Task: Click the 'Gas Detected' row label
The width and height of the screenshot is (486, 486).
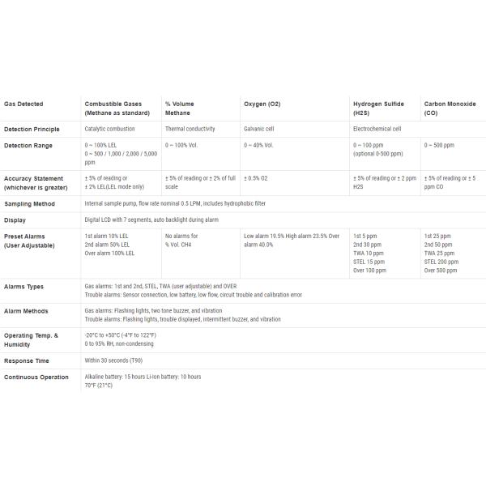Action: pos(23,104)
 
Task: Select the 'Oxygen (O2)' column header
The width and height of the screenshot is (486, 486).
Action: pos(262,104)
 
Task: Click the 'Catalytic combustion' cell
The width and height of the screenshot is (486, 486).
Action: pos(110,129)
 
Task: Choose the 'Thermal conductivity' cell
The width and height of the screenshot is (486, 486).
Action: pos(190,129)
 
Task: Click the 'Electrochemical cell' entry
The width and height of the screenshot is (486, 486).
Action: pos(377,129)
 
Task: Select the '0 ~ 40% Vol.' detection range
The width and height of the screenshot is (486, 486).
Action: pos(258,145)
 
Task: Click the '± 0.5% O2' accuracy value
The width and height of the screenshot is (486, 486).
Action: pos(256,177)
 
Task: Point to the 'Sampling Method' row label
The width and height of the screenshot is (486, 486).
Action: pos(29,203)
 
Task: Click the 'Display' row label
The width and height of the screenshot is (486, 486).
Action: pos(15,220)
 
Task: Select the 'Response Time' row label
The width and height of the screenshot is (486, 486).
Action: pos(27,360)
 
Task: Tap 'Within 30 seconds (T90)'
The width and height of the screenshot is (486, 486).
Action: pos(118,360)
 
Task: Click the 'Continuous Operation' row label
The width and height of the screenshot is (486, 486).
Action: pos(36,377)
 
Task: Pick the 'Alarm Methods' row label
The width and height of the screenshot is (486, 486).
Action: pos(27,311)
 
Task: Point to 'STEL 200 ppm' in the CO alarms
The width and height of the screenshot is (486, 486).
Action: pos(441,262)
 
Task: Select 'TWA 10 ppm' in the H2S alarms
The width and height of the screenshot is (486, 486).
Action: pos(369,253)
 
